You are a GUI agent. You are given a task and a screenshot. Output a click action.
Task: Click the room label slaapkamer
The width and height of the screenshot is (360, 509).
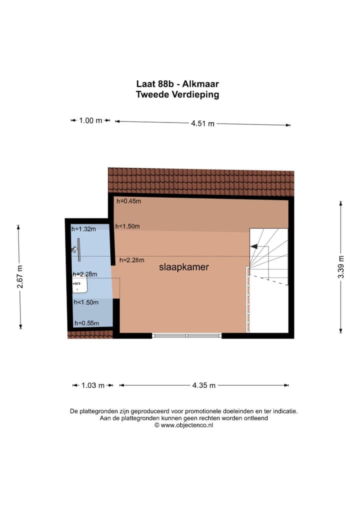pyautogui.click(x=183, y=267)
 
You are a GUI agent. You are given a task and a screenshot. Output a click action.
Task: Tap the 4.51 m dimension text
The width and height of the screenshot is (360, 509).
pyautogui.click(x=202, y=123)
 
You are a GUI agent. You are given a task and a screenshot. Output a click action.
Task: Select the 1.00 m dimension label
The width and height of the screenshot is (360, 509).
pyautogui.click(x=90, y=120)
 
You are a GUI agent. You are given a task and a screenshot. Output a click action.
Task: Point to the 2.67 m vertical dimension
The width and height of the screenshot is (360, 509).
pyautogui.click(x=20, y=277)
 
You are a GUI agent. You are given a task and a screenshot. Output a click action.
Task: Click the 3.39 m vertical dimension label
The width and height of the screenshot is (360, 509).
pyautogui.click(x=341, y=266)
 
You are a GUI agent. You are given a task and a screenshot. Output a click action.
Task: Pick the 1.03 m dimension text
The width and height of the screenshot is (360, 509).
pyautogui.click(x=92, y=385)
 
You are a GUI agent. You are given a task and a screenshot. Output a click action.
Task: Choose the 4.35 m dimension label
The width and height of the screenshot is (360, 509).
pyautogui.click(x=204, y=385)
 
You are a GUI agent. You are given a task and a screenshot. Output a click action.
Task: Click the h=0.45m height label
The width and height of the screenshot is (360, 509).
pyautogui.click(x=129, y=201)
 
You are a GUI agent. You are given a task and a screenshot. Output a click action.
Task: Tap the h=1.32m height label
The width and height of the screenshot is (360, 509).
pyautogui.click(x=83, y=229)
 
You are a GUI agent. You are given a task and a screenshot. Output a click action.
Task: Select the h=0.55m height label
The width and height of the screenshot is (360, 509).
pyautogui.click(x=86, y=323)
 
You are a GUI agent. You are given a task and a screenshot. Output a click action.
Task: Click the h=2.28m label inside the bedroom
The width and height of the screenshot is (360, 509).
pyautogui.click(x=131, y=259)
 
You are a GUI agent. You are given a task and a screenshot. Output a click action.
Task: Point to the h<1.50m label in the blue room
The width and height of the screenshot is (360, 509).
pyautogui.click(x=86, y=302)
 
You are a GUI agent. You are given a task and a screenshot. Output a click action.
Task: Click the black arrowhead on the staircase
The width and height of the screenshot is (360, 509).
pyautogui.click(x=253, y=246)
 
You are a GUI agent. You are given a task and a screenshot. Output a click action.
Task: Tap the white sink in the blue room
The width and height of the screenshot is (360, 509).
pyautogui.click(x=80, y=286)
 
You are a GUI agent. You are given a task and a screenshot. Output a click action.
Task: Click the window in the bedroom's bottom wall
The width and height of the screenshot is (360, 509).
pyautogui.click(x=186, y=335)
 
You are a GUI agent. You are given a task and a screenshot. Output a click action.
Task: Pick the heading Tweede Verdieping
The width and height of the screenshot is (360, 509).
pyautogui.click(x=177, y=94)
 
